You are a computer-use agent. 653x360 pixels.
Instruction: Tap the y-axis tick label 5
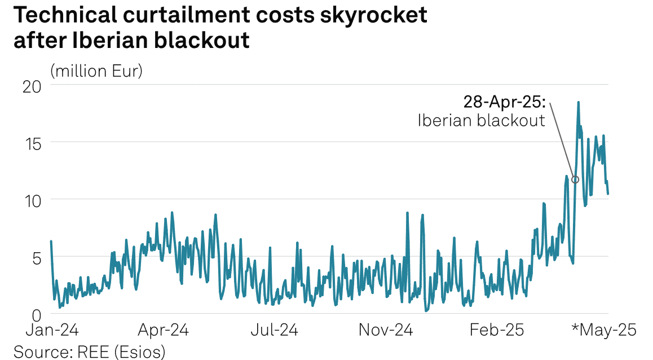[36, 258]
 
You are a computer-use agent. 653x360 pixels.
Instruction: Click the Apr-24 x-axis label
[162, 330]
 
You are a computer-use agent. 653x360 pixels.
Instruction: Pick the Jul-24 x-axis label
[275, 330]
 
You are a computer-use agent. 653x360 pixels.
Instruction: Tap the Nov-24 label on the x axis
[386, 330]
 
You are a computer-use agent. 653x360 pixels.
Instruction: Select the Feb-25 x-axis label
[496, 330]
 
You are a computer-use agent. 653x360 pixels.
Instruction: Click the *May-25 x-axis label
[604, 330]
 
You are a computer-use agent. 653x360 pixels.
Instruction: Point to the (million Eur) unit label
[96, 72]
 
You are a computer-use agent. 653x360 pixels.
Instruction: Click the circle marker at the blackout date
[575, 179]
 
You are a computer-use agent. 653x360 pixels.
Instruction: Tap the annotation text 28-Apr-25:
[505, 102]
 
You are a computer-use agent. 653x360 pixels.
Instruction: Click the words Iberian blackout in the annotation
[481, 120]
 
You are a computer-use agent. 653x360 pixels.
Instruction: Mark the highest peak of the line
[578, 103]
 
